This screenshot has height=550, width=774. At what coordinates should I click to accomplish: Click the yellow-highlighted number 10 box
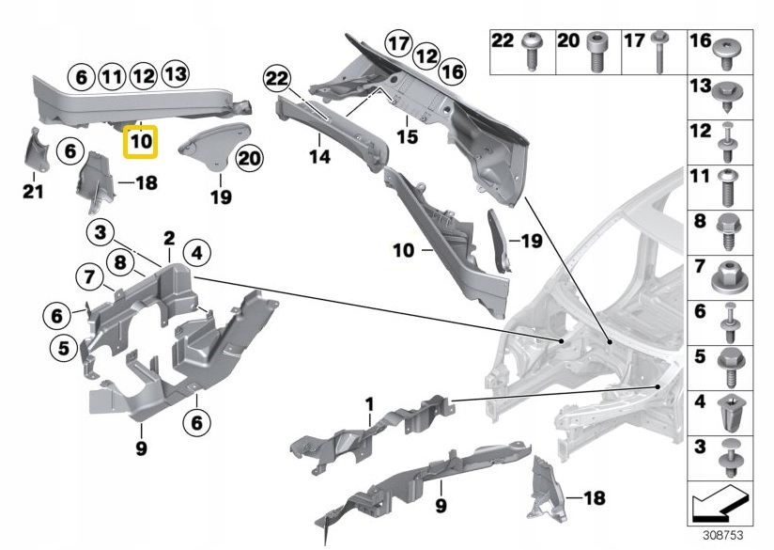point(141,142)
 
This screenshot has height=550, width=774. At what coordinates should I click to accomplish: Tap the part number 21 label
point(32,192)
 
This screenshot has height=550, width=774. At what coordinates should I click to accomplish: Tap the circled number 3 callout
point(101,231)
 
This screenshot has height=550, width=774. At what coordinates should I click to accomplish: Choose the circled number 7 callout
point(89,277)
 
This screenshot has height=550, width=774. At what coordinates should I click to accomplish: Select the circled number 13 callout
point(174,73)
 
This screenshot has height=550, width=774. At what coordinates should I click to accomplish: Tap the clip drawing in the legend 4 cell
point(730,410)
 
